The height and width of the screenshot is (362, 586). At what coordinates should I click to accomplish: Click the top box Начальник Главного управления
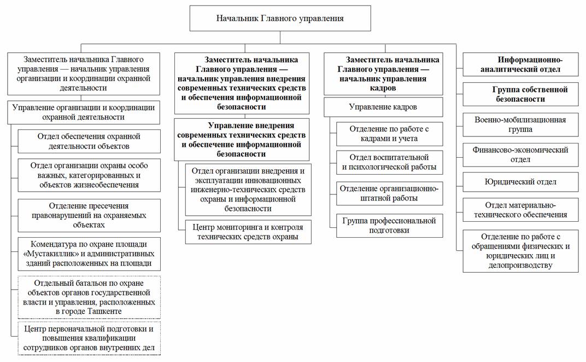tap(280, 18)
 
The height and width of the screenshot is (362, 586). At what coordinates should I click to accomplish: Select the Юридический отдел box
tap(520, 182)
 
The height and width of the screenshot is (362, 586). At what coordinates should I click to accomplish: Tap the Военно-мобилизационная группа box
tap(520, 124)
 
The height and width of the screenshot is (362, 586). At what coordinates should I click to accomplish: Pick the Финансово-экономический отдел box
tap(520, 154)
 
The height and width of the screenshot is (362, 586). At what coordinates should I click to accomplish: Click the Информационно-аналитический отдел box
tap(520, 65)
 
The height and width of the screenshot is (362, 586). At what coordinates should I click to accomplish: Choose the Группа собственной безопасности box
tap(520, 94)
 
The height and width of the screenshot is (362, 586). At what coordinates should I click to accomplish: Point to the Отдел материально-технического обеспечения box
tap(520, 210)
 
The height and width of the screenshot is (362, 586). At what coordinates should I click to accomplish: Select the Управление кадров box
tap(383, 107)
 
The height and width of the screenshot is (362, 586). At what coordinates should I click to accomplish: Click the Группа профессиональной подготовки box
tap(389, 225)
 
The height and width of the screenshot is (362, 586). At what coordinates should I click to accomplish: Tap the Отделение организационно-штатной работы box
tap(389, 193)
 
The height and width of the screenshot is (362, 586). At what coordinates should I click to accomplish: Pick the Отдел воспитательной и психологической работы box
tap(389, 163)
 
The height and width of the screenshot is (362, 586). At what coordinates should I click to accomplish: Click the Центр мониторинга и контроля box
tap(248, 231)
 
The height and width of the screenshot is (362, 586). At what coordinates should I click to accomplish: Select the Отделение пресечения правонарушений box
tap(89, 215)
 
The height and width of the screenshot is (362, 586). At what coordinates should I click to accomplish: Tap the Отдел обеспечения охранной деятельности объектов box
tap(89, 141)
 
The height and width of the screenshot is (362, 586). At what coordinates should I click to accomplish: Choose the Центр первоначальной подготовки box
tap(89, 337)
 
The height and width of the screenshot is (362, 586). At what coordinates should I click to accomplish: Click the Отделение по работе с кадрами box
tap(389, 133)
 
